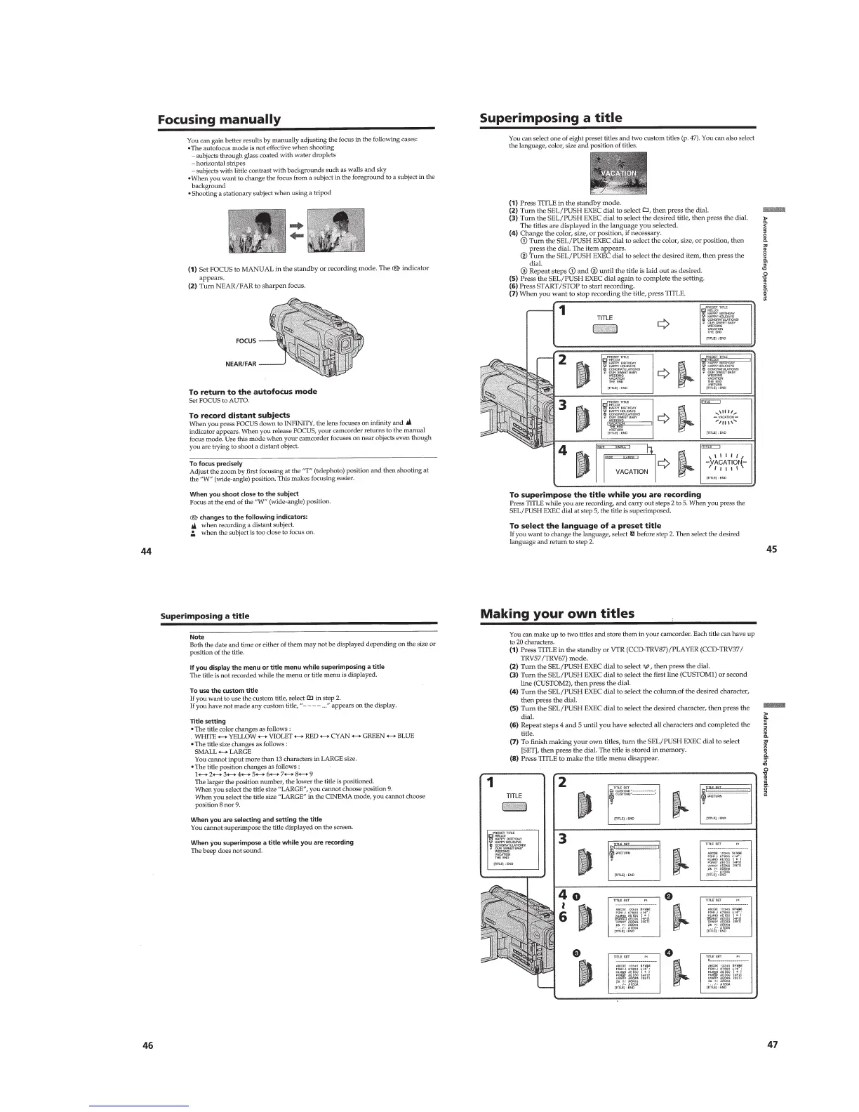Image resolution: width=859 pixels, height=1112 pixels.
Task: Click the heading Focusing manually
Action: point(218,119)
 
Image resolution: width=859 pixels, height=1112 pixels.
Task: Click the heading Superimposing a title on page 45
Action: point(550,118)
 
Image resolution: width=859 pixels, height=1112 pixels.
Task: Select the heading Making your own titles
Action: point(557,614)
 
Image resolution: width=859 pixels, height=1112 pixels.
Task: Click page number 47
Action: point(772,1045)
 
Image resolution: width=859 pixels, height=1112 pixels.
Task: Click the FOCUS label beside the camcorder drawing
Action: point(245,341)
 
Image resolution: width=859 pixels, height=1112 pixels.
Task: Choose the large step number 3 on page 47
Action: point(563,839)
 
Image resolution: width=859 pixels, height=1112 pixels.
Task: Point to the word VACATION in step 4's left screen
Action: point(631,472)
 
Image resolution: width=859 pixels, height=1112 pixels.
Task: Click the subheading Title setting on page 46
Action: point(208,721)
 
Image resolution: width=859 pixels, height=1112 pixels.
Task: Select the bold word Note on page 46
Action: point(197,637)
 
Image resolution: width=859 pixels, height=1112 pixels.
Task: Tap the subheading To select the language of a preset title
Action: point(585,525)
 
